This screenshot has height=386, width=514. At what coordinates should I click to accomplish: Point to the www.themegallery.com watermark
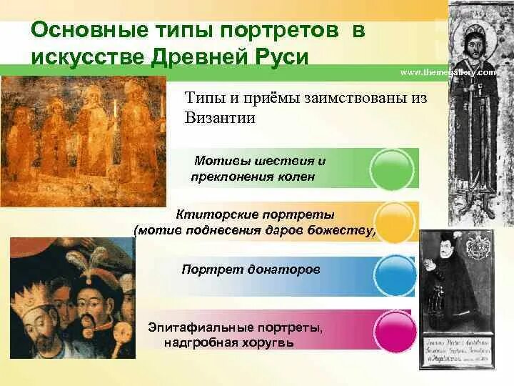coord(448,73)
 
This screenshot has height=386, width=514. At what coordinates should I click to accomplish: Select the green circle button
coord(393,169)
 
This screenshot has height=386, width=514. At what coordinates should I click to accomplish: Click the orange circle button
coord(395,222)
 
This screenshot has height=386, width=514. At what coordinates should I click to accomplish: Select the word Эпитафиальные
coord(193,327)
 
